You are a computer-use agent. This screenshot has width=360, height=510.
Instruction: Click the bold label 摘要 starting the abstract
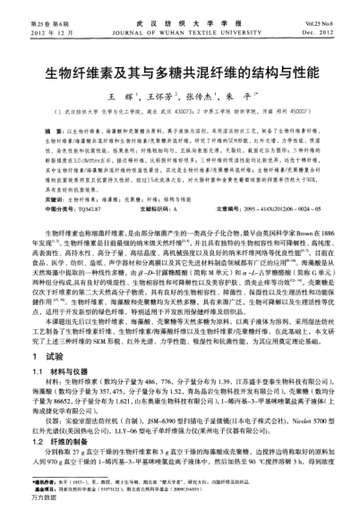pyautogui.click(x=28, y=130)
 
